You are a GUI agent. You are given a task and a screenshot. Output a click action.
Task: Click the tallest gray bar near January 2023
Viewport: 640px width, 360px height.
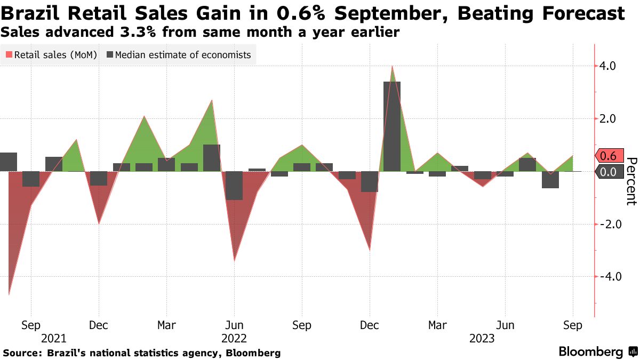(x=392, y=126)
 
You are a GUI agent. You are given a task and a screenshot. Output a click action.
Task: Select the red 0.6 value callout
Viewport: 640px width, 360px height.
(x=607, y=156)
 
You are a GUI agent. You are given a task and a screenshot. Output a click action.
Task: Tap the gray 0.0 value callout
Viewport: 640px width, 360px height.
(x=607, y=172)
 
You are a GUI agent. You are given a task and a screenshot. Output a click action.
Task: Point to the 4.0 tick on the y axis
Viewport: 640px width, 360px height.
(x=608, y=66)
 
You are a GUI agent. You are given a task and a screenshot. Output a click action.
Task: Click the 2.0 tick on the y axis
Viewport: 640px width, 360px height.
(x=608, y=119)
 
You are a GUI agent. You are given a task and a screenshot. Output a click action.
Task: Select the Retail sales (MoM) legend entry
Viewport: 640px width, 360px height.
(x=51, y=55)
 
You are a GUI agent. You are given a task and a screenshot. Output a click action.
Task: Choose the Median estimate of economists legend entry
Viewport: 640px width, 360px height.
(x=179, y=55)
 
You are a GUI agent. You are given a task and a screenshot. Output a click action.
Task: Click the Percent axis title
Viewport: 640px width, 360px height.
(x=631, y=181)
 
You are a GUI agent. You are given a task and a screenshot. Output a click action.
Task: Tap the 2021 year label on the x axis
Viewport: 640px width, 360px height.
(x=54, y=338)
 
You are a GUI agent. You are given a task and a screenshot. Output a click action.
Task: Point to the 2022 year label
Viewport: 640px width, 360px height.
(x=234, y=338)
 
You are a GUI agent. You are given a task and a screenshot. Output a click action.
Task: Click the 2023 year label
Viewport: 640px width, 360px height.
(x=482, y=338)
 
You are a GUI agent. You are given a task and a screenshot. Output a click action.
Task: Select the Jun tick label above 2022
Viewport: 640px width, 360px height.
(x=234, y=325)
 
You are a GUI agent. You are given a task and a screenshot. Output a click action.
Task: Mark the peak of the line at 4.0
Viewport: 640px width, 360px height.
(x=392, y=66)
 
